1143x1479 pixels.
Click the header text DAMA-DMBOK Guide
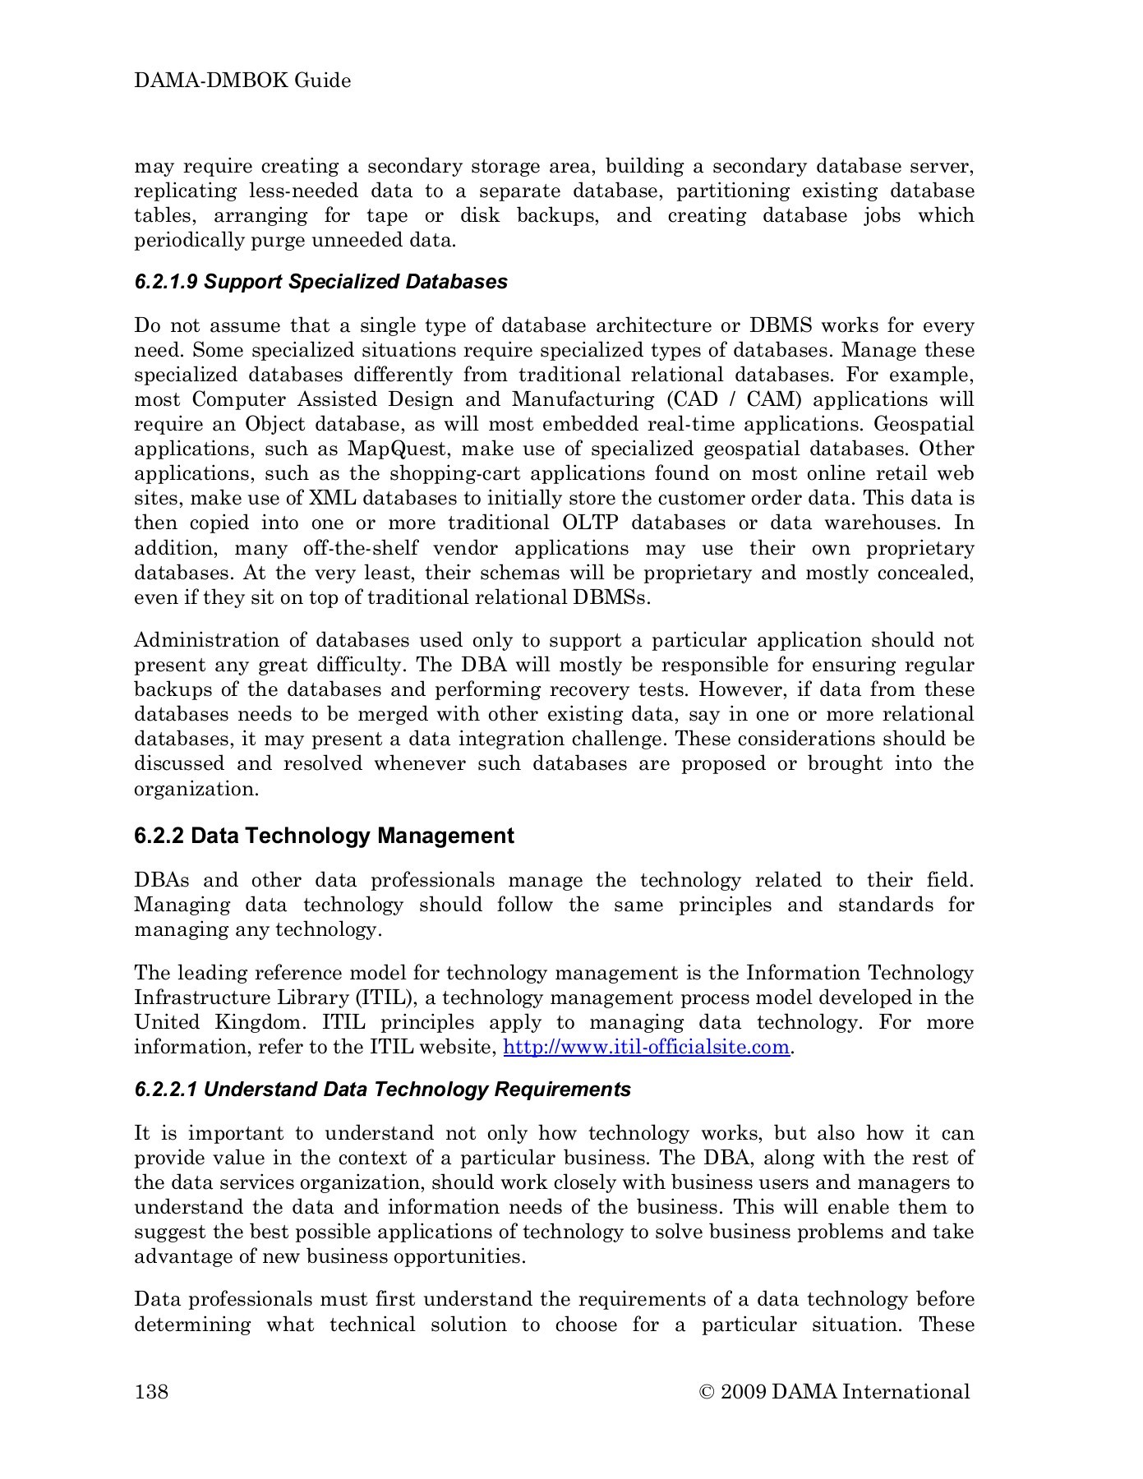coord(242,81)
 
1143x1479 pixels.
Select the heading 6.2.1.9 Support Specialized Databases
coord(320,282)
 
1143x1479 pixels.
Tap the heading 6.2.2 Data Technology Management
coord(324,836)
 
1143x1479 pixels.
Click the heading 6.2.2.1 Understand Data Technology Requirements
coord(382,1090)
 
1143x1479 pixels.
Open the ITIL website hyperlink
coord(645,1048)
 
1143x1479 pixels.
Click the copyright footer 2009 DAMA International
coord(834,1391)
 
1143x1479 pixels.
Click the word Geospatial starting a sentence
coord(924,425)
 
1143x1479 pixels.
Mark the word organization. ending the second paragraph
coord(196,789)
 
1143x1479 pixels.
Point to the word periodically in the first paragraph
coord(186,241)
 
